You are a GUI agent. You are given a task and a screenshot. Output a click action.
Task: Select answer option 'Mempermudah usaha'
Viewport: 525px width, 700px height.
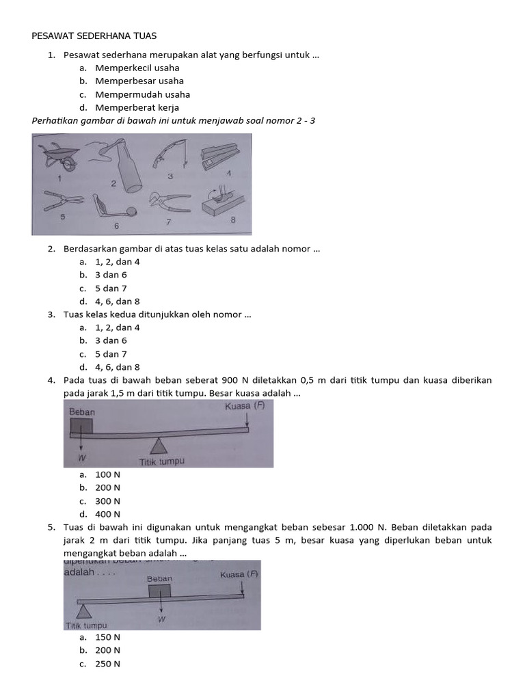[142, 94]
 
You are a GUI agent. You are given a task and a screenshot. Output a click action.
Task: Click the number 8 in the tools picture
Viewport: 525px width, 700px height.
[233, 220]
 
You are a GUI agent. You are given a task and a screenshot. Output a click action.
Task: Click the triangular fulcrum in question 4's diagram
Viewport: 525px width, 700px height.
[159, 446]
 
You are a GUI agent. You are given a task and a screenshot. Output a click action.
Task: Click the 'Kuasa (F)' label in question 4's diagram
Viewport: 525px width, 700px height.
[244, 407]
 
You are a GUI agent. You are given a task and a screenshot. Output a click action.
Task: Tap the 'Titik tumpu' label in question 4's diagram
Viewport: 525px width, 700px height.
[162, 461]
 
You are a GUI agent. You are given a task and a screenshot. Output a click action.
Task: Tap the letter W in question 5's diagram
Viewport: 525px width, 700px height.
[162, 619]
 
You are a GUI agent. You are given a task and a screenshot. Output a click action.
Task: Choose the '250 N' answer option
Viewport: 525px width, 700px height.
[108, 664]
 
